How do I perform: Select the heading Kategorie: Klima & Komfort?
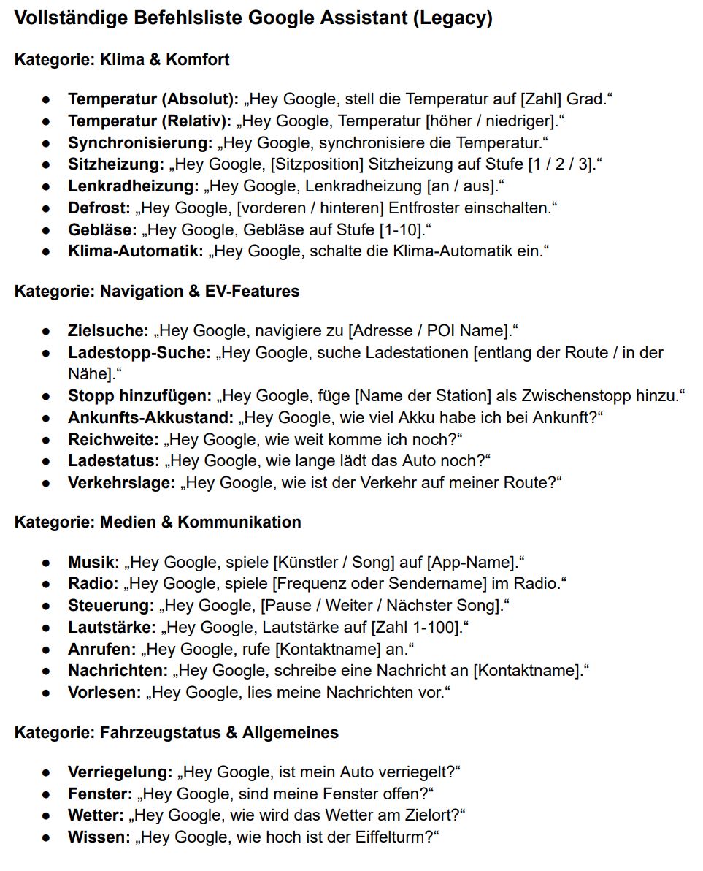click(122, 60)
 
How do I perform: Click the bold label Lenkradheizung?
click(133, 186)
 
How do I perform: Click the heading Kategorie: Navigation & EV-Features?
click(157, 292)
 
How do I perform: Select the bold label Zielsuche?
click(108, 331)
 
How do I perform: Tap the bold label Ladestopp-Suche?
click(139, 353)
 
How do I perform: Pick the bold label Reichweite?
click(113, 440)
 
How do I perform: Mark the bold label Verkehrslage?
click(121, 483)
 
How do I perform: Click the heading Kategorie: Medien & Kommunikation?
click(158, 522)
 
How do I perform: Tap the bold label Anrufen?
click(102, 650)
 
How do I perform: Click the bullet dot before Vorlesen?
click(46, 693)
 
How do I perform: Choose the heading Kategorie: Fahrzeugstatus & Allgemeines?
click(176, 733)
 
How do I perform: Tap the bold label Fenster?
click(100, 794)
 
